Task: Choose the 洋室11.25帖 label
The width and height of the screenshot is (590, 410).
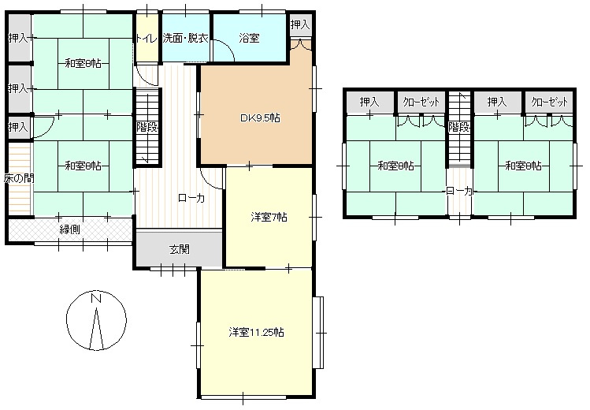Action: click(257, 332)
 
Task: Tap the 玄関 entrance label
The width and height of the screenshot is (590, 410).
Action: click(179, 250)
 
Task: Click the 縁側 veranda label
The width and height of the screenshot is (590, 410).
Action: click(69, 229)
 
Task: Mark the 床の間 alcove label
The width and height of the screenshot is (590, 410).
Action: click(17, 178)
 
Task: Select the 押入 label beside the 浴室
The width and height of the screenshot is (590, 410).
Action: click(299, 25)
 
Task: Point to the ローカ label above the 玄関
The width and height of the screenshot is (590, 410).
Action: click(191, 199)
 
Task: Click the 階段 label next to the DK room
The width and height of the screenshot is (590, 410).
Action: click(147, 127)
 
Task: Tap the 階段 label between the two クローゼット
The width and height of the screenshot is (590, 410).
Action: click(459, 127)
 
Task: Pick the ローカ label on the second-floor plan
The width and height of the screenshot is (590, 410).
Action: click(459, 191)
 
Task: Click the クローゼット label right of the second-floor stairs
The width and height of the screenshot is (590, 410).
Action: click(549, 102)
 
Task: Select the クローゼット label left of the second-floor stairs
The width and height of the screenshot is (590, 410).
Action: click(421, 102)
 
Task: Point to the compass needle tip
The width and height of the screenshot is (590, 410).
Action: click(96, 310)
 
